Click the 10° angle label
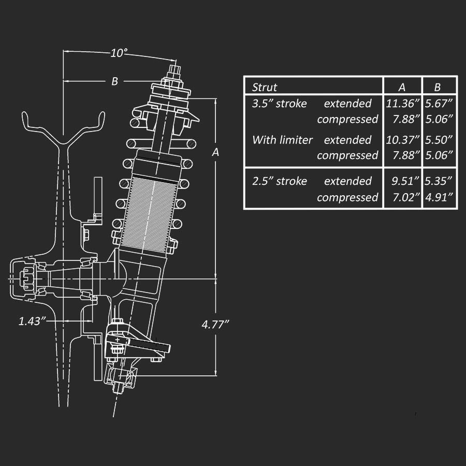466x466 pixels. click(x=119, y=53)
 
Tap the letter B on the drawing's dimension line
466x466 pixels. click(x=115, y=81)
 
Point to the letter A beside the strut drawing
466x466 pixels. click(x=215, y=152)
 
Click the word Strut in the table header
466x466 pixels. click(x=265, y=87)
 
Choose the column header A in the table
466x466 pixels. click(x=402, y=87)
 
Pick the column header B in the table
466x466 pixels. click(x=438, y=87)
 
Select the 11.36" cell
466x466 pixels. click(x=402, y=103)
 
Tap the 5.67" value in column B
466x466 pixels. click(x=439, y=103)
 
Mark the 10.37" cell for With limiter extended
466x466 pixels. click(x=402, y=139)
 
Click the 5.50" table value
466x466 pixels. click(x=439, y=139)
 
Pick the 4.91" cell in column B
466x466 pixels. click(x=439, y=197)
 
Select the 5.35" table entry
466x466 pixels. click(x=439, y=181)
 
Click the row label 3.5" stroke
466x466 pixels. click(x=279, y=103)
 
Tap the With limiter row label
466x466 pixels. click(x=282, y=139)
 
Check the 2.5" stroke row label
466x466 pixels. click(x=279, y=181)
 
